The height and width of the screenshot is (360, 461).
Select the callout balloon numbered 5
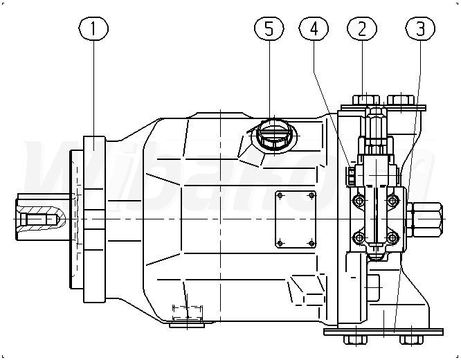[x=269, y=29]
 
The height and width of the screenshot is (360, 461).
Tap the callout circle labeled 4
[x=314, y=29]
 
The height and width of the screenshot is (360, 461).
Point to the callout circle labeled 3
[x=421, y=29]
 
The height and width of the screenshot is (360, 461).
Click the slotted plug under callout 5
[x=271, y=133]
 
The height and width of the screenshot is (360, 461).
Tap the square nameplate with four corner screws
[x=296, y=218]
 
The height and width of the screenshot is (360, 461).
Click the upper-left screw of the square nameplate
[x=280, y=196]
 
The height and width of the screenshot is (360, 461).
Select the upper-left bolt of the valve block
[x=359, y=201]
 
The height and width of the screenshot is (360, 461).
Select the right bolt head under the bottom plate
[x=409, y=340]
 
